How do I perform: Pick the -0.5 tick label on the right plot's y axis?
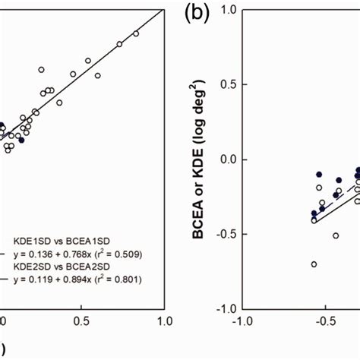click(221, 235)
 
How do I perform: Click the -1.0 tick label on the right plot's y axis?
click(221, 309)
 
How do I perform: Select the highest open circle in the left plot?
click(137, 33)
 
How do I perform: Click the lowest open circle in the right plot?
click(314, 264)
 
